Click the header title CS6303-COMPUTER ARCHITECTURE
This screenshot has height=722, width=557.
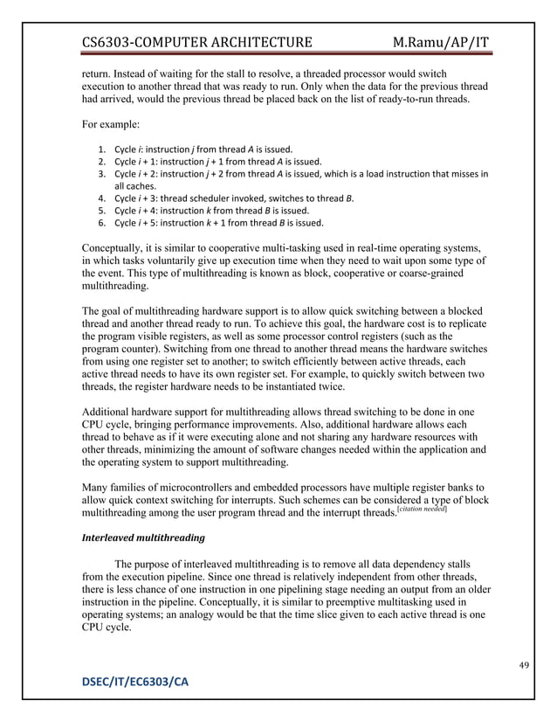coord(196,42)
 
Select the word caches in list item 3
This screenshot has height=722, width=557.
coord(142,185)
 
